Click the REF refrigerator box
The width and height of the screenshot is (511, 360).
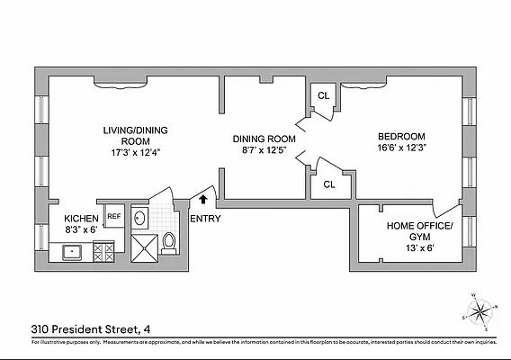[x=114, y=216]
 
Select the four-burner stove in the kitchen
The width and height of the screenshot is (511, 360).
[x=104, y=251]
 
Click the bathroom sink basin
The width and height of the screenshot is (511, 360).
[x=140, y=217]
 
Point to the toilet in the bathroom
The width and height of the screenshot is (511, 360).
[x=168, y=241]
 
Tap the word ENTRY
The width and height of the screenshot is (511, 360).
[x=205, y=218]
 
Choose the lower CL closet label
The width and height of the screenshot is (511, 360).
[x=329, y=184]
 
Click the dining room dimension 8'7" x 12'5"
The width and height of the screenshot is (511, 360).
[x=264, y=151]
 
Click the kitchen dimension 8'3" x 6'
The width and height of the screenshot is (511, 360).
[x=84, y=229]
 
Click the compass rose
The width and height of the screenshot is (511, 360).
[x=482, y=312]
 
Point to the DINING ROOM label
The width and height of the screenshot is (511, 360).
[x=264, y=139]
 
